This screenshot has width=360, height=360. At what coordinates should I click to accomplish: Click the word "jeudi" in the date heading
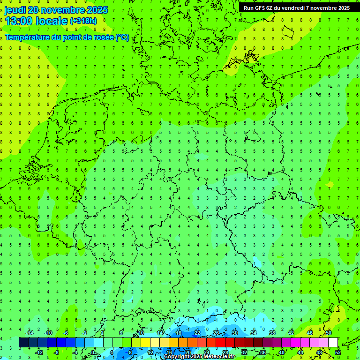pyautogui.click(x=15, y=10)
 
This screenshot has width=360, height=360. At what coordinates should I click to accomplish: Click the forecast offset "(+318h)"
pyautogui.click(x=83, y=21)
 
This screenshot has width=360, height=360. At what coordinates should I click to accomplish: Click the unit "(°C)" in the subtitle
pyautogui.click(x=122, y=37)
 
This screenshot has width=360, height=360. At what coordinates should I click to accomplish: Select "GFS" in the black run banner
pyautogui.click(x=261, y=8)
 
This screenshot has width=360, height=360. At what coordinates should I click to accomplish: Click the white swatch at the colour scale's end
pyautogui.click(x=333, y=343)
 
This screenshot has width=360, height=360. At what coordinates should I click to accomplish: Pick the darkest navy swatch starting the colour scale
pyautogui.click(x=23, y=343)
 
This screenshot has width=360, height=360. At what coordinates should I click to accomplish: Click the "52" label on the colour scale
pyautogui.click(x=338, y=352)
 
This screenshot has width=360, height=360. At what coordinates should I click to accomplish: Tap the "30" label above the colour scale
pyautogui.click(x=234, y=333)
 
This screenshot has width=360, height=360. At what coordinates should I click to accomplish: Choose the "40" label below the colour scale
pyautogui.click(x=281, y=352)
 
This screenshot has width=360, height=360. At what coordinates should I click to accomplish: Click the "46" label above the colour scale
pyautogui.click(x=309, y=333)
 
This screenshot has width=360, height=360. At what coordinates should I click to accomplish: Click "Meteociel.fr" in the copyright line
pyautogui.click(x=220, y=357)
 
